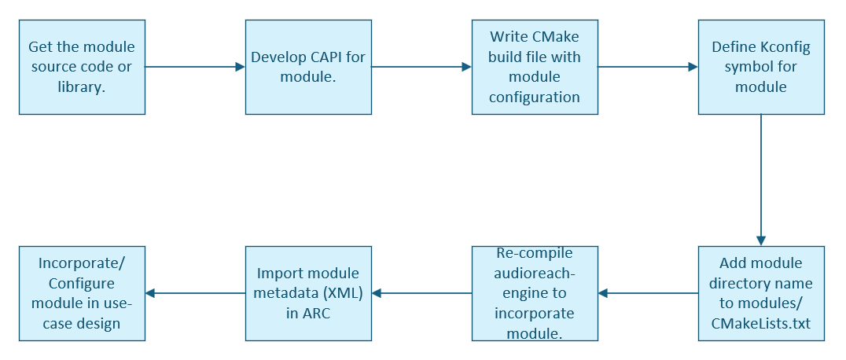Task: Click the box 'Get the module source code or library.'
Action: pyautogui.click(x=82, y=67)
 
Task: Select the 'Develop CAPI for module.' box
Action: pyautogui.click(x=309, y=67)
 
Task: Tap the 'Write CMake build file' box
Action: pyautogui.click(x=535, y=67)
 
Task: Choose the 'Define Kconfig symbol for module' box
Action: pyautogui.click(x=761, y=67)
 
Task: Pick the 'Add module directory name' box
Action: pyautogui.click(x=761, y=294)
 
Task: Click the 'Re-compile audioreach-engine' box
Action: pyautogui.click(x=535, y=294)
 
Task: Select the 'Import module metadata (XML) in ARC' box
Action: pyautogui.click(x=309, y=294)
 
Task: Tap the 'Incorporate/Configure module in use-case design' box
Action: pyautogui.click(x=82, y=294)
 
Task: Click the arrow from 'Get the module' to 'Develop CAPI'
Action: pyautogui.click(x=195, y=67)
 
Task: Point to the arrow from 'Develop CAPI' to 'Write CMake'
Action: pyautogui.click(x=422, y=67)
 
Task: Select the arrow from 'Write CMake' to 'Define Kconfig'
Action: pyautogui.click(x=648, y=67)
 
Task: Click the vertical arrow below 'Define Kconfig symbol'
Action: pyautogui.click(x=761, y=180)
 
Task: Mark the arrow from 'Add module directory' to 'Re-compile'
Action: pyautogui.click(x=648, y=294)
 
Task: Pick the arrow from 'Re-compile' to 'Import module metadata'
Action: pyautogui.click(x=422, y=294)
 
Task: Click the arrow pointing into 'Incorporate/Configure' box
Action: pyautogui.click(x=195, y=294)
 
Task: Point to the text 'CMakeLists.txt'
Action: pyautogui.click(x=761, y=324)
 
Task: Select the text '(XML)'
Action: pyautogui.click(x=344, y=293)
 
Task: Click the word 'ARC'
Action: pyautogui.click(x=315, y=314)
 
